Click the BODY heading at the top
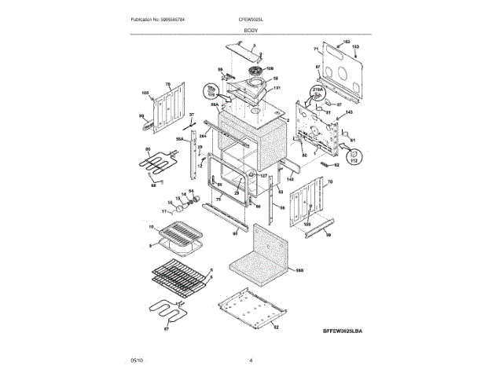click(251, 29)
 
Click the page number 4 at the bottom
click(251, 361)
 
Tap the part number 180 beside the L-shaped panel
click(299, 271)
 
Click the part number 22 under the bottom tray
click(276, 326)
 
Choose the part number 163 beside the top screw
click(347, 41)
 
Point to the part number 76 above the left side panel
click(167, 84)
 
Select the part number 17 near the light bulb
click(166, 211)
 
